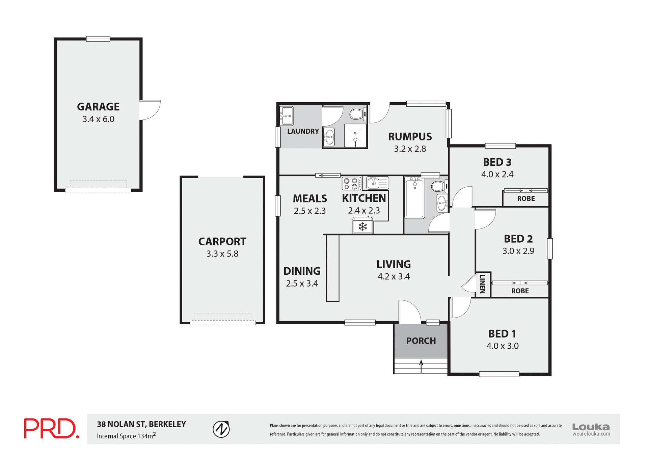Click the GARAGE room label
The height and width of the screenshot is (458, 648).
pyautogui.click(x=98, y=107)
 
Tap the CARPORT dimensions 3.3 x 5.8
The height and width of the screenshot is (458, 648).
pyautogui.click(x=222, y=254)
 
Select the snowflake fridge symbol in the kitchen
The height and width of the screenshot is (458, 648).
pyautogui.click(x=362, y=227)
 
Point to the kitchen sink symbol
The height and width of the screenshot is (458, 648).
pyautogui.click(x=377, y=183)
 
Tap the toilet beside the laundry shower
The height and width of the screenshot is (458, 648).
pyautogui.click(x=356, y=114)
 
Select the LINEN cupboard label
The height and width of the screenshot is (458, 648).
pyautogui.click(x=483, y=284)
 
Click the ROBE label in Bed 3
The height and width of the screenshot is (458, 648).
pyautogui.click(x=526, y=199)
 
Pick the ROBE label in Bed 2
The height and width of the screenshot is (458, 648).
pyautogui.click(x=520, y=291)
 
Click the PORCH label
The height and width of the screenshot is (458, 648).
pyautogui.click(x=421, y=341)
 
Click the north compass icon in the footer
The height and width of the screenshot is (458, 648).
pyautogui.click(x=221, y=429)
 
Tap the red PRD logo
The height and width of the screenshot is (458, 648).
pyautogui.click(x=51, y=429)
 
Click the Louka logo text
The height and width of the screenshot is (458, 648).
pyautogui.click(x=591, y=427)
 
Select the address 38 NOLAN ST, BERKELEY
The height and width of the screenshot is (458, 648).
pyautogui.click(x=141, y=424)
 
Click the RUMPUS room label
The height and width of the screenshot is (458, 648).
pyautogui.click(x=410, y=137)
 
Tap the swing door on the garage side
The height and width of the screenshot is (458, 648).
pyautogui.click(x=150, y=110)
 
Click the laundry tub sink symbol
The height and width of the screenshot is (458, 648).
pyautogui.click(x=286, y=116)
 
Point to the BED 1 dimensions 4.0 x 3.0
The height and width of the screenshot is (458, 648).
pyautogui.click(x=502, y=346)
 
